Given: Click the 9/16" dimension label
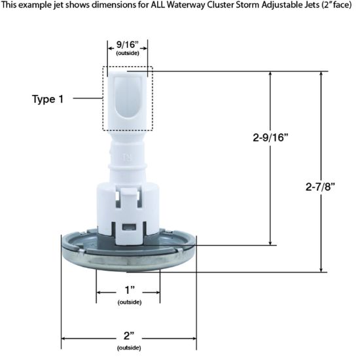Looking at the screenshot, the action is click(127, 45).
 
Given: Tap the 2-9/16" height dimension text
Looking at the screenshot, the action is click(270, 137).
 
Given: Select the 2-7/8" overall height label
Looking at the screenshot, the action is click(320, 187).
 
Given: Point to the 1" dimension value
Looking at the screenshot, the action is click(129, 290).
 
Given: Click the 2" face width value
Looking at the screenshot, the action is click(129, 336).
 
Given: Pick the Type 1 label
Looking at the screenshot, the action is click(48, 99).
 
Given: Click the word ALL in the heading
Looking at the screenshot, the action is click(158, 5).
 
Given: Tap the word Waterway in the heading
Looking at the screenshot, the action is click(186, 5).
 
